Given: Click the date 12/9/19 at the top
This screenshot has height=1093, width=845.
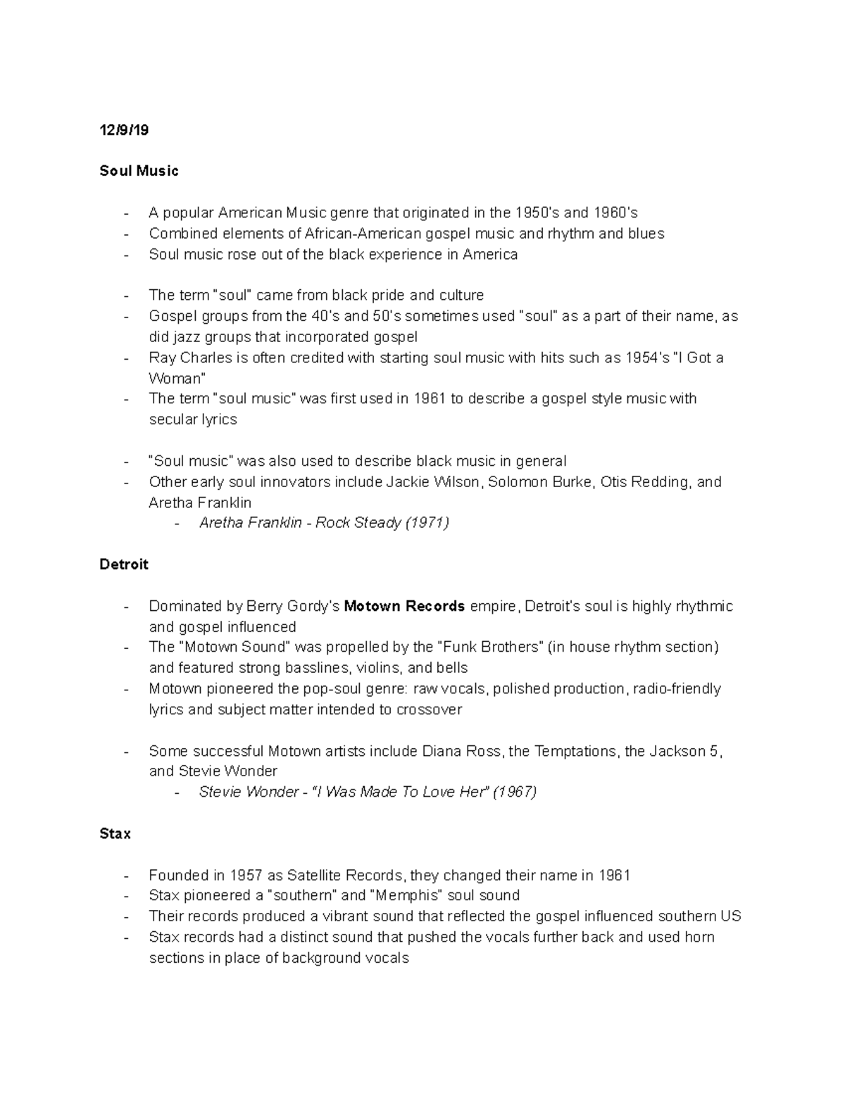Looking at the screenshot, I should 125,130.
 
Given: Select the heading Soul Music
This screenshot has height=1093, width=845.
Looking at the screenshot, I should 139,171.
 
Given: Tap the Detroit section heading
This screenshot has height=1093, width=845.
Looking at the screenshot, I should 124,564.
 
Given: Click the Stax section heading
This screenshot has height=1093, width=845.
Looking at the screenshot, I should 115,834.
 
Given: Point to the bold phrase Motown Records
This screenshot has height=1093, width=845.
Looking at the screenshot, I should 404,606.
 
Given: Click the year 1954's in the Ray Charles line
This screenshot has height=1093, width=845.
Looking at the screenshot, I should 647,358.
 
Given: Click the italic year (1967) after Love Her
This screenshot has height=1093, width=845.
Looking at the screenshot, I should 515,792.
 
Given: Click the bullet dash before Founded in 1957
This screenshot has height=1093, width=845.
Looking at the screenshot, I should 125,876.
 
